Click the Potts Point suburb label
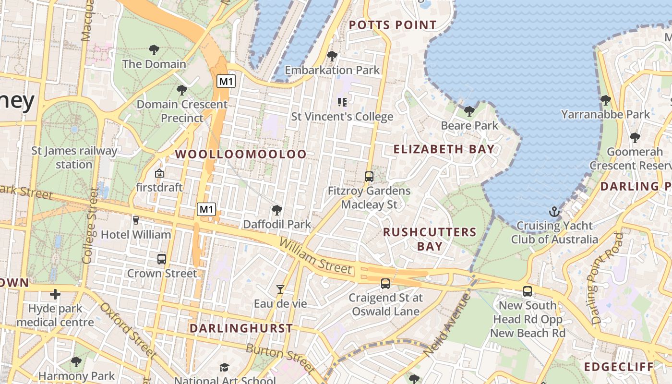393,25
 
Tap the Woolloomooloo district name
240,154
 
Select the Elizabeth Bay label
444,149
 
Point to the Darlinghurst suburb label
241,328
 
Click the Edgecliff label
619,367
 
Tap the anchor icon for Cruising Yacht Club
554,212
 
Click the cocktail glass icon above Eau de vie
280,289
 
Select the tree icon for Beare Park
469,111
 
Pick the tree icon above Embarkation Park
332,56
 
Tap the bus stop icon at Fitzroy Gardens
369,176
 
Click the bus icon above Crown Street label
162,259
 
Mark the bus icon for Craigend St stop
385,283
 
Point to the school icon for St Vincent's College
342,102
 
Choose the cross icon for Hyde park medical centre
55,294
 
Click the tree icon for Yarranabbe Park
606,100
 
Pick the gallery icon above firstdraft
159,173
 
